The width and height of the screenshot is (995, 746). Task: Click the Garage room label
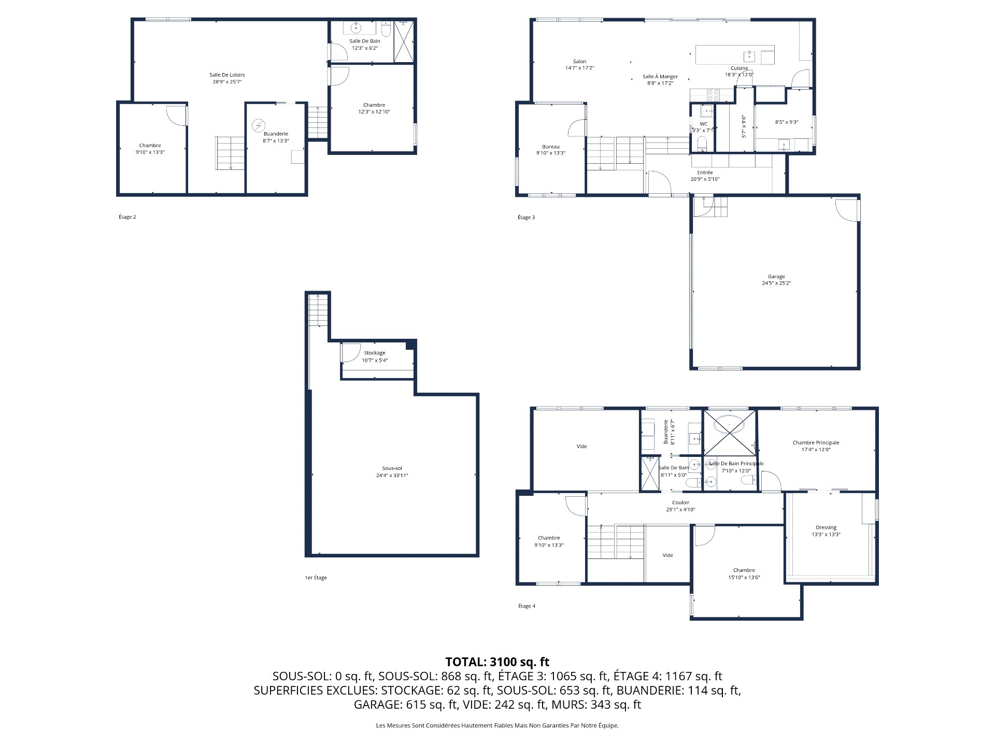click(776, 277)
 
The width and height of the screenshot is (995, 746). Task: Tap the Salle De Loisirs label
click(227, 75)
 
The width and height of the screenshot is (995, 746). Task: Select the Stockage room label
click(374, 353)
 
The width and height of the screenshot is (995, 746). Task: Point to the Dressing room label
click(826, 528)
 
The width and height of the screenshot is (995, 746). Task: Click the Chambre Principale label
click(816, 443)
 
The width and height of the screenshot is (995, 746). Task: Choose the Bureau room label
click(550, 147)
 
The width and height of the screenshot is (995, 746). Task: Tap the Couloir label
click(680, 503)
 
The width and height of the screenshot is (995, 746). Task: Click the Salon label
click(579, 62)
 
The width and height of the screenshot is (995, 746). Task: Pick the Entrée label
click(705, 173)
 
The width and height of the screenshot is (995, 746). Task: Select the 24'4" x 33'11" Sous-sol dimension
click(392, 476)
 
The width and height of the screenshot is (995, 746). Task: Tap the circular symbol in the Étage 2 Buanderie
click(258, 126)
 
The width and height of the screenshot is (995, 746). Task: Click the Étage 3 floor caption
click(526, 218)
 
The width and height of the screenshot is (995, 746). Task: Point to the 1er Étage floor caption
click(316, 578)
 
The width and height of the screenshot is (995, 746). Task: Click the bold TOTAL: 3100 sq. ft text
click(497, 662)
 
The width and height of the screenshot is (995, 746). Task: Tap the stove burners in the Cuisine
click(714, 95)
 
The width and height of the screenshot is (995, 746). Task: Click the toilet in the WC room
click(702, 142)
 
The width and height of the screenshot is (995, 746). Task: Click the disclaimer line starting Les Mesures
click(497, 726)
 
